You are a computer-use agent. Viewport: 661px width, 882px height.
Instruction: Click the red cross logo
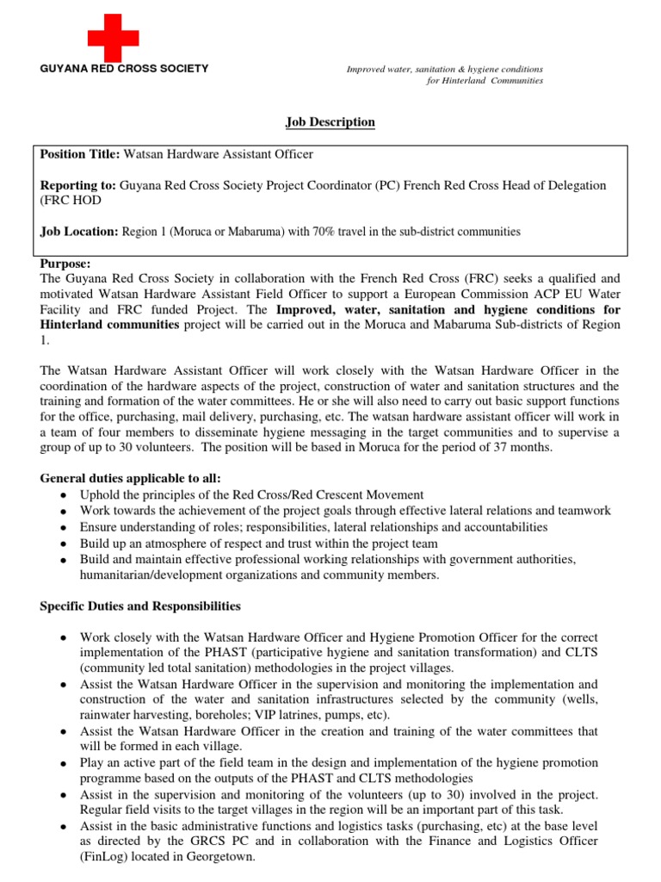click(x=113, y=36)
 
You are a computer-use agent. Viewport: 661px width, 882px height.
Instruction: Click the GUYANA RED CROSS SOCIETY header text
click(x=124, y=68)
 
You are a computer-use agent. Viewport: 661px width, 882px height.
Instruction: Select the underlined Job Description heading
click(x=330, y=122)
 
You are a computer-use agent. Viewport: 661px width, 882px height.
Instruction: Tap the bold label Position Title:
click(x=81, y=154)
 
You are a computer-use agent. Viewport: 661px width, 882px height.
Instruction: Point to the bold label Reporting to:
click(x=78, y=185)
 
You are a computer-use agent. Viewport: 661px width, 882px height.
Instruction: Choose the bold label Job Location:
click(x=80, y=231)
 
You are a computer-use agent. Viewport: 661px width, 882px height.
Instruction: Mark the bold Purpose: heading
click(x=65, y=264)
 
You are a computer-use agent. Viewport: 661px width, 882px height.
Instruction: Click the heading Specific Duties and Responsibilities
click(x=140, y=606)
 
